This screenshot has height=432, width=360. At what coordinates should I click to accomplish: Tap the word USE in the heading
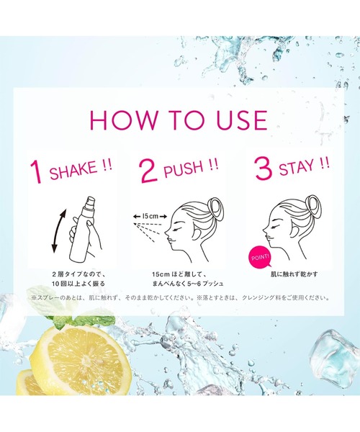pos(242,120)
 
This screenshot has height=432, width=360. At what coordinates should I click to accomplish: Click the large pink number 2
pos(149,171)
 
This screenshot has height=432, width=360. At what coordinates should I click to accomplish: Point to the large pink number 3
pos(264,168)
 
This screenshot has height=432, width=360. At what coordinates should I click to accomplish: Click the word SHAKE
pos(73,171)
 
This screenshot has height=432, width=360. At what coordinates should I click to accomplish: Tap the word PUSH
pos(183,170)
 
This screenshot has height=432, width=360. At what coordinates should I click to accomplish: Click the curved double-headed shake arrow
pos(58,231)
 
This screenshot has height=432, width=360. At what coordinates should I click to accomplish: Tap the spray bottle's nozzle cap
pos(91,202)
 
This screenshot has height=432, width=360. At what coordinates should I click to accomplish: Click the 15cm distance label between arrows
pos(150,216)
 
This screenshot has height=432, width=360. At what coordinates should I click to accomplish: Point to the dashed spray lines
pos(148,230)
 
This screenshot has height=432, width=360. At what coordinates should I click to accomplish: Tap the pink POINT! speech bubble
pos(261,258)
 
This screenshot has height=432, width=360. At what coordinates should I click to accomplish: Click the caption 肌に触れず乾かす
pos(294,274)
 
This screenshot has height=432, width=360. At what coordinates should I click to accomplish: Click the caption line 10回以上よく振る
pos(78,284)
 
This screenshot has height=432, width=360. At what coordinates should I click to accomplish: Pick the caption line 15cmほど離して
pos(178,274)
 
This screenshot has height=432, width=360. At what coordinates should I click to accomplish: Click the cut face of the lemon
pos(86,357)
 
